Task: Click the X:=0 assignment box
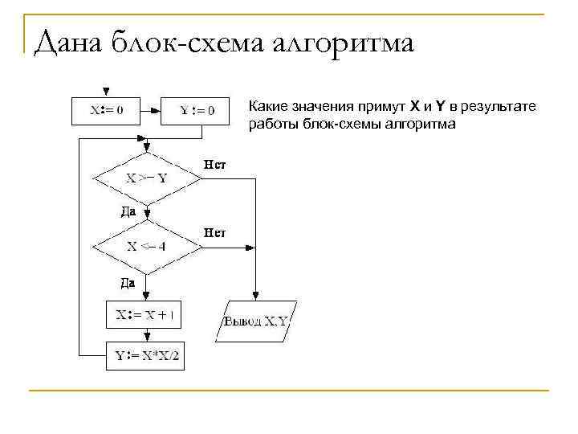pyautogui.click(x=108, y=110)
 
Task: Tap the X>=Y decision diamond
pyautogui.click(x=147, y=178)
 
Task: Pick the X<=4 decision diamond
pyautogui.click(x=147, y=247)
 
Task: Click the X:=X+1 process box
pyautogui.click(x=145, y=315)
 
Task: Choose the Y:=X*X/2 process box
pyautogui.click(x=145, y=355)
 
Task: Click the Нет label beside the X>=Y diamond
pyautogui.click(x=215, y=165)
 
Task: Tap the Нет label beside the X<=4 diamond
pyautogui.click(x=215, y=233)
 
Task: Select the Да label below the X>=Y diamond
pyautogui.click(x=128, y=212)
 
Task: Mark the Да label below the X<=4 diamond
pyautogui.click(x=128, y=282)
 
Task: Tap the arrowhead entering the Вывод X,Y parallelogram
pyautogui.click(x=255, y=297)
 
